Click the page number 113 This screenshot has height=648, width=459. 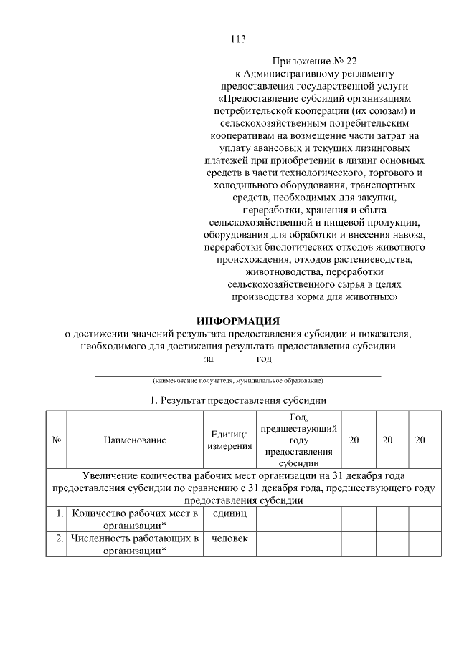[238, 39]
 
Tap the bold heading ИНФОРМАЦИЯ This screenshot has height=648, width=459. [238, 321]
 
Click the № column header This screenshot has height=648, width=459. [55, 440]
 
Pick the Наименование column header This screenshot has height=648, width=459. [134, 440]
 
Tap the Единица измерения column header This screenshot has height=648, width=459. [229, 440]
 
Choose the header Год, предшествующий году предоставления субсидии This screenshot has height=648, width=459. [298, 440]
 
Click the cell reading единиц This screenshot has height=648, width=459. [229, 514]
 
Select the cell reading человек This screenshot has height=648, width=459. [229, 538]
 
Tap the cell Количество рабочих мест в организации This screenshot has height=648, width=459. [134, 520]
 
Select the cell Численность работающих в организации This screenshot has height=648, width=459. [134, 544]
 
